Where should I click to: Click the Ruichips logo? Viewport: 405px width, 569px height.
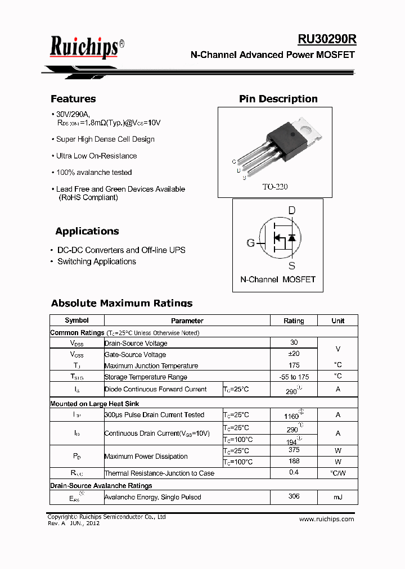coord(84,47)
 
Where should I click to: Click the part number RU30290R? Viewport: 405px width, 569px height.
coord(327,39)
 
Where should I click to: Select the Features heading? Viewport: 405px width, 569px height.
coord(73,99)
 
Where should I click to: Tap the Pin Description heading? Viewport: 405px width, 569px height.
coord(278,99)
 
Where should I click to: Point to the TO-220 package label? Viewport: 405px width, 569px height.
coord(274,187)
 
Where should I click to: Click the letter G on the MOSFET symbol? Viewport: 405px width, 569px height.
coord(250,243)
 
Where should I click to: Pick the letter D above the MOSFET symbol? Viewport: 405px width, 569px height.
coord(291,211)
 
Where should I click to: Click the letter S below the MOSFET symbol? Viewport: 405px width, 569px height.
coord(291,265)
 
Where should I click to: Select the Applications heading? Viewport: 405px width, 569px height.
coord(87,231)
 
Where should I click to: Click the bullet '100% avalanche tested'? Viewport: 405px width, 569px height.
coord(93,173)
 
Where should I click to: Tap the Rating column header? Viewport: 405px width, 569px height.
coord(294,320)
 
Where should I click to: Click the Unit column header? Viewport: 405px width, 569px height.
coord(337,320)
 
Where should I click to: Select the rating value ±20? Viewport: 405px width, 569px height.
coord(294,354)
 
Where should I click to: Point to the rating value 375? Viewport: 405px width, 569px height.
coord(294,450)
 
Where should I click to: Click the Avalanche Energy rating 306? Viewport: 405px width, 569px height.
coord(294,496)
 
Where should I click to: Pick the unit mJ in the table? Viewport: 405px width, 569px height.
coord(337,497)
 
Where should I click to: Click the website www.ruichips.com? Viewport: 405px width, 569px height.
coord(326,519)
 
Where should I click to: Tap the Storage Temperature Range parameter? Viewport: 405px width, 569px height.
coord(146,377)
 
